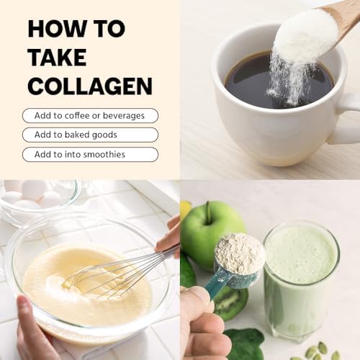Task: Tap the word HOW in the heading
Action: pyautogui.click(x=53, y=29)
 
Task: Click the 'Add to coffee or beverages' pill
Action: pyautogui.click(x=90, y=115)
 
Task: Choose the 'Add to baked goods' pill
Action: pyautogui.click(x=90, y=135)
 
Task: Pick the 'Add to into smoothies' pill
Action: pyautogui.click(x=90, y=154)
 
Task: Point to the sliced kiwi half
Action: pyautogui.click(x=230, y=302)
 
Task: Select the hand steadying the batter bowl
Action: pyautogui.click(x=32, y=331)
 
